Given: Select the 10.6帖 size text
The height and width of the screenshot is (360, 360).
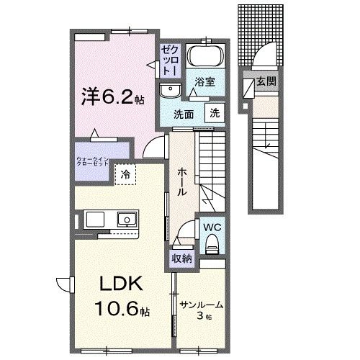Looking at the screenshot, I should click(119, 310).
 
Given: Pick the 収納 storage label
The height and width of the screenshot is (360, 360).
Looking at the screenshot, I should click(181, 258).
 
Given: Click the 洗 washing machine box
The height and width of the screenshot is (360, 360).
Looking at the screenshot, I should click(215, 112).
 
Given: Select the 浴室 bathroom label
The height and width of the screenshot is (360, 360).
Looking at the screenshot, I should click(204, 81).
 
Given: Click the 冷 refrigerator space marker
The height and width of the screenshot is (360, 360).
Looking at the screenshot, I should click(126, 174).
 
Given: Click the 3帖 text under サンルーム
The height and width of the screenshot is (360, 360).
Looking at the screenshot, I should click(205, 317).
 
